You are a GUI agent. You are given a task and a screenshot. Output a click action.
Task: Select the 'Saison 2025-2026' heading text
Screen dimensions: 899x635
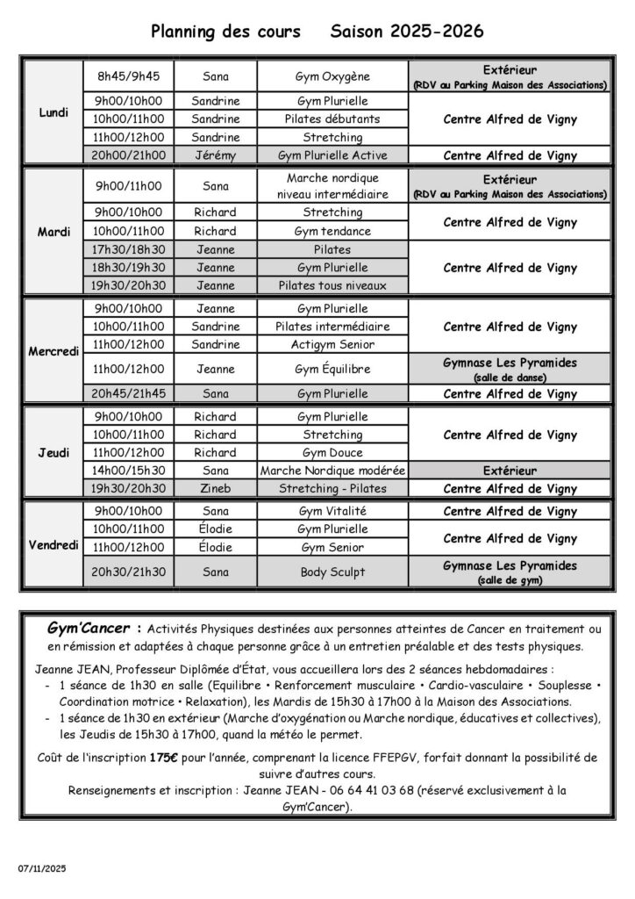[407, 32]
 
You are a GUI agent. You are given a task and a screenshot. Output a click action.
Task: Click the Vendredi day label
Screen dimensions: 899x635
[54, 545]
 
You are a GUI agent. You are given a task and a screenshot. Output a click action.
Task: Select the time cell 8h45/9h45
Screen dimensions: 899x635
[128, 76]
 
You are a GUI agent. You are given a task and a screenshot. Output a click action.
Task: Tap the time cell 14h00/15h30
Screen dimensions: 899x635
[128, 471]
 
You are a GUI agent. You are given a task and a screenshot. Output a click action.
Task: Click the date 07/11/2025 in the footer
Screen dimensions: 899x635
[41, 867]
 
